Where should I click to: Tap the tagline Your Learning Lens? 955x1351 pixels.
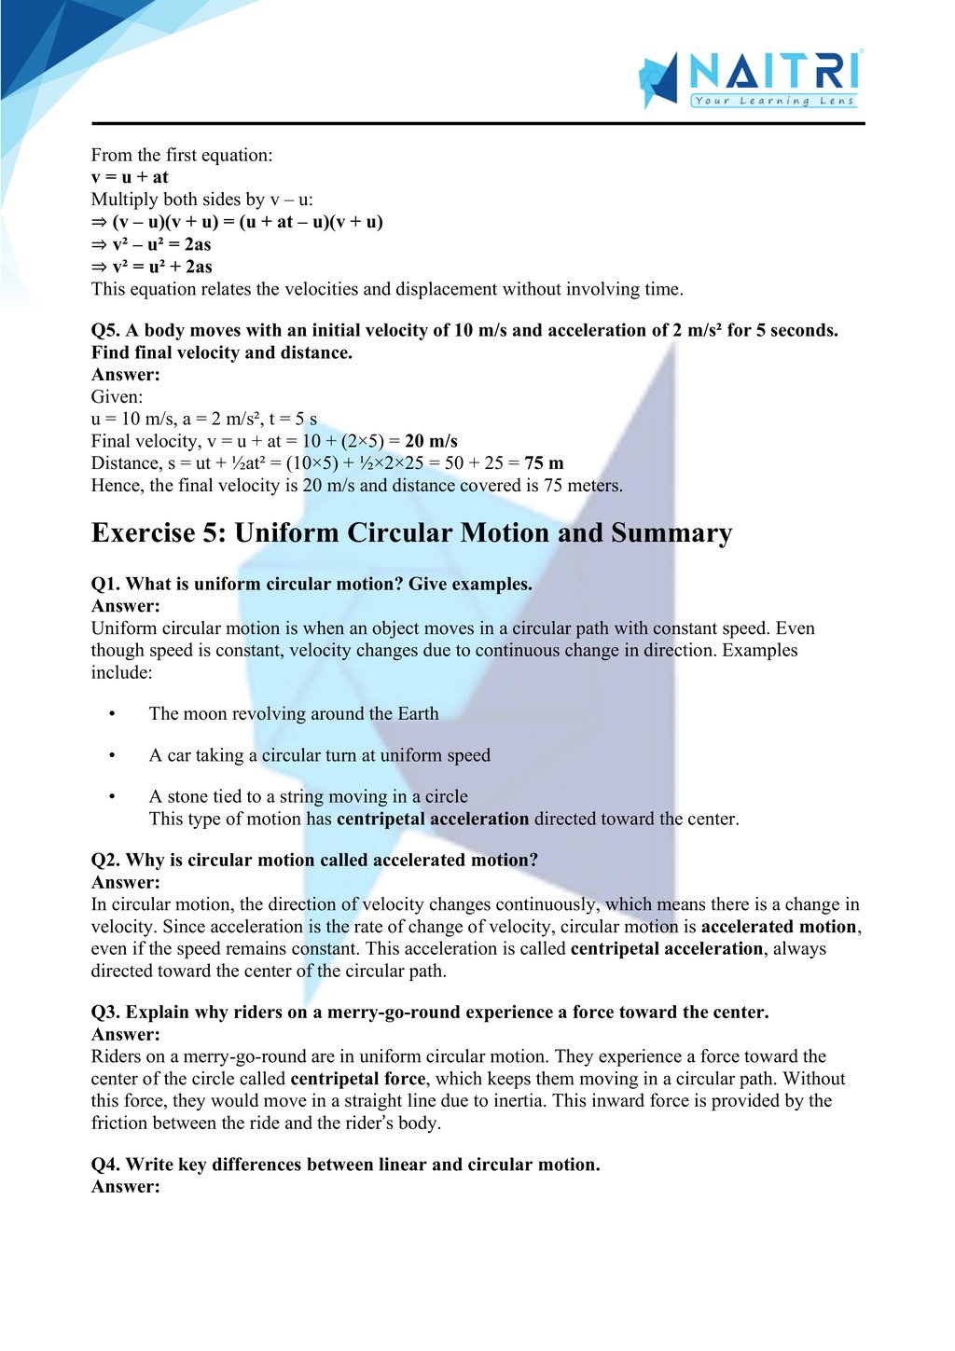click(x=774, y=101)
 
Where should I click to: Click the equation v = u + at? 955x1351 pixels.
click(x=130, y=177)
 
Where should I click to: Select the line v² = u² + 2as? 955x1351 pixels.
click(x=152, y=267)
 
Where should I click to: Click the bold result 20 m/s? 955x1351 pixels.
click(x=431, y=441)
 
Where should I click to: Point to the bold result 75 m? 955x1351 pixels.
click(x=544, y=463)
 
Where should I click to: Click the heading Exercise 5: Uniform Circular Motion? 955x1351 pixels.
click(x=411, y=533)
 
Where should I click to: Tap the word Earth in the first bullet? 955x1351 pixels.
click(x=418, y=714)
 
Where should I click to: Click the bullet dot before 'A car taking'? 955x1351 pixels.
click(x=112, y=755)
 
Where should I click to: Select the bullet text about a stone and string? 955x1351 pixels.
click(x=308, y=796)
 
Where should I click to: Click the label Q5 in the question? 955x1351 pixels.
click(x=104, y=330)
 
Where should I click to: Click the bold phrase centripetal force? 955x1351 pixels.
click(x=358, y=1079)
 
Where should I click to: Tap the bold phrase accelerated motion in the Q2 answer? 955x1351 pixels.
click(x=779, y=927)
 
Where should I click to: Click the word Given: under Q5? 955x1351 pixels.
click(x=117, y=397)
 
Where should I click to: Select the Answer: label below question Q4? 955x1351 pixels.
click(x=126, y=1187)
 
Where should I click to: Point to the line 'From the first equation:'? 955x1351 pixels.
click(x=182, y=155)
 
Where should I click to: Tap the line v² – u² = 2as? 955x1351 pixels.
click(x=151, y=244)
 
